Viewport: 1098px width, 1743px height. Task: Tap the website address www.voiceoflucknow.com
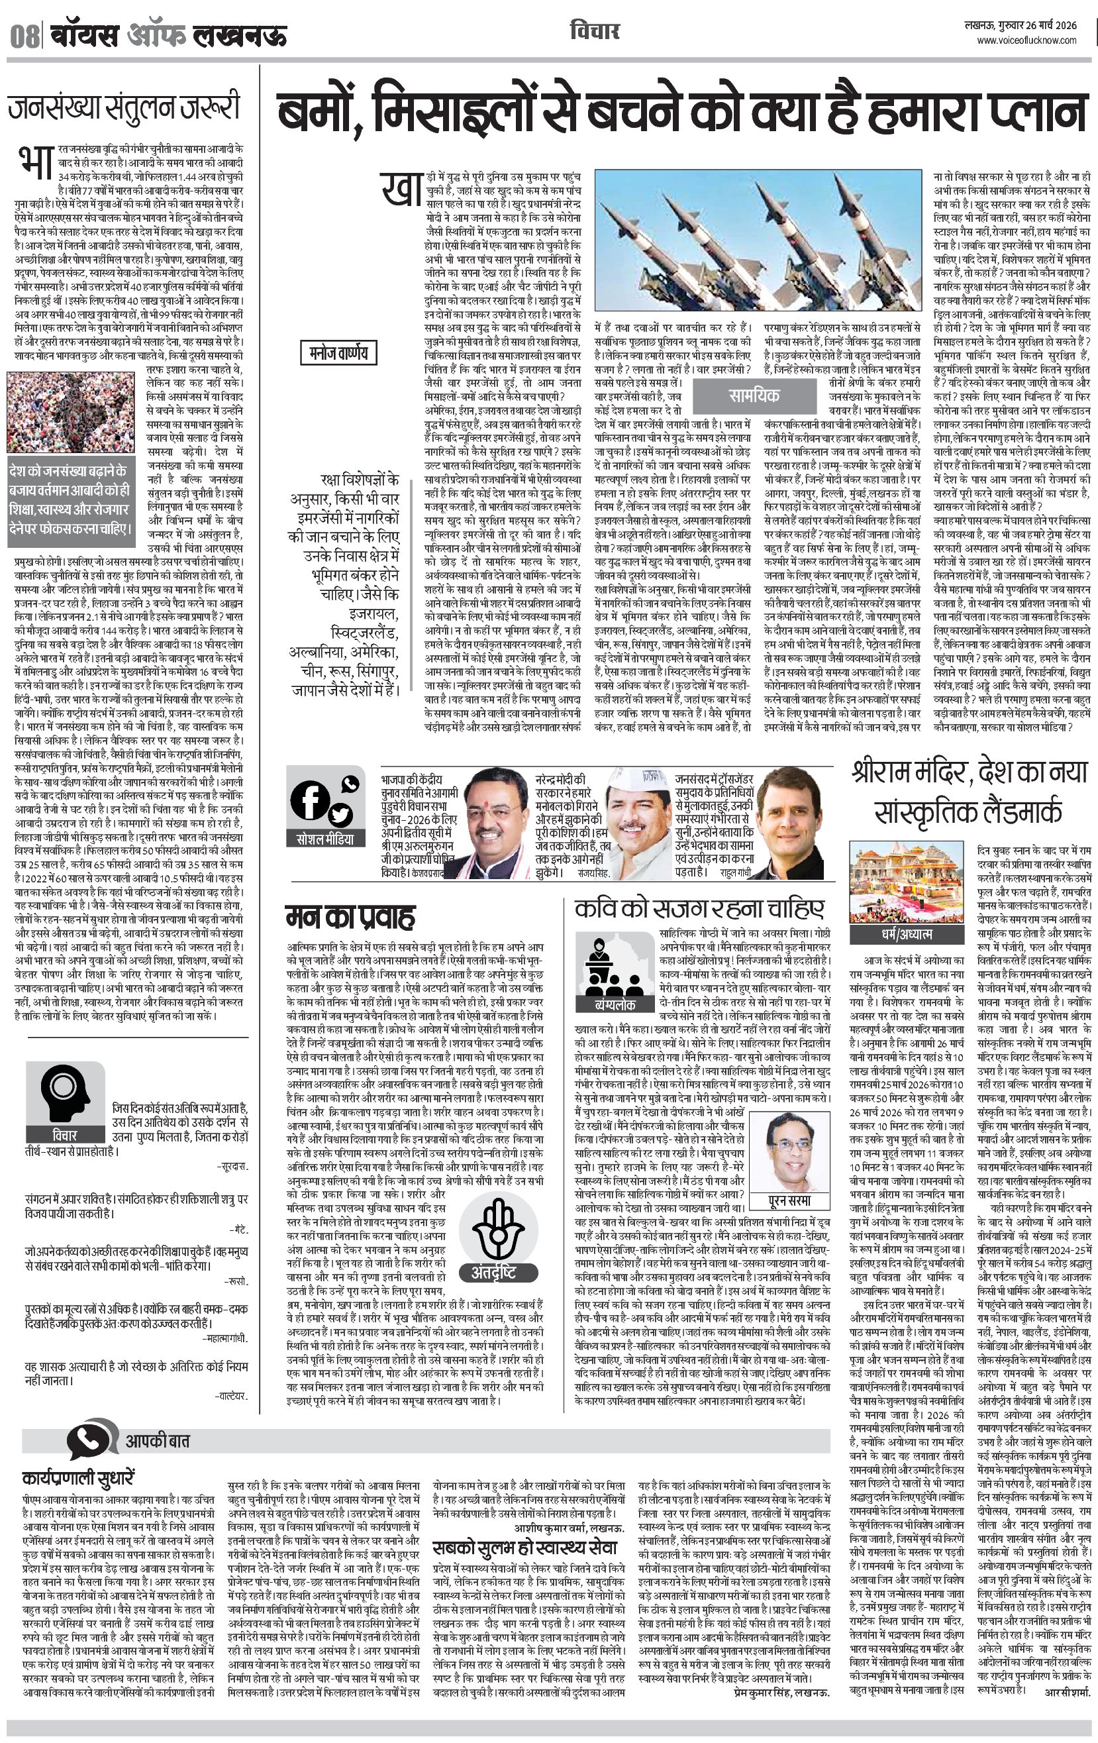[1026, 41]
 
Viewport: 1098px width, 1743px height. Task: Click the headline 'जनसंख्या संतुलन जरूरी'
[124, 109]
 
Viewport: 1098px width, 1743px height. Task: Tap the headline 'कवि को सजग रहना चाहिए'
[699, 908]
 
